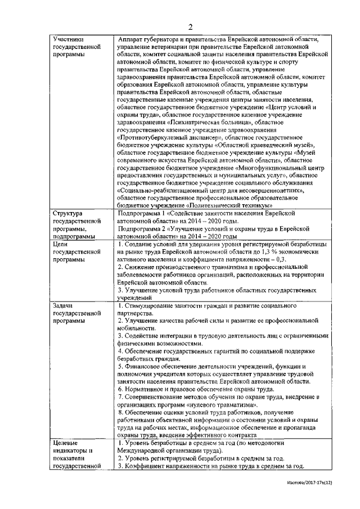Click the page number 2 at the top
[x=190, y=27]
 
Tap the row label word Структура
[x=67, y=214]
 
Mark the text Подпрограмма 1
[x=145, y=214]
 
